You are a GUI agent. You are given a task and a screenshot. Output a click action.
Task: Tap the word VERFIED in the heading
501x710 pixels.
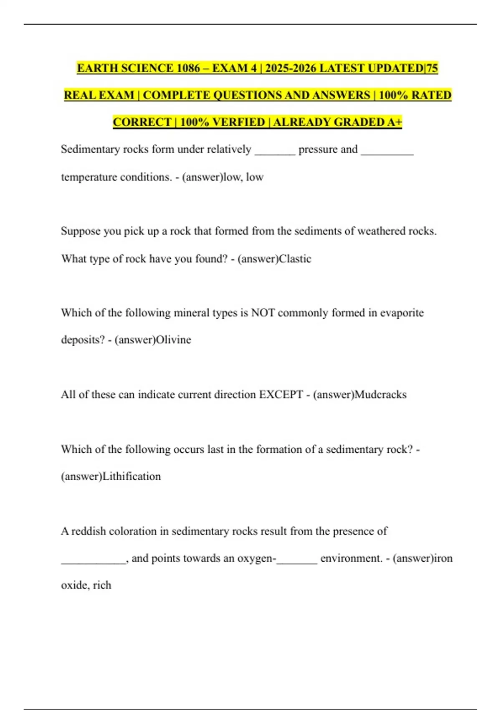239,122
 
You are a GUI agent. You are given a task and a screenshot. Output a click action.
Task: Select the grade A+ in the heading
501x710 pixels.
395,122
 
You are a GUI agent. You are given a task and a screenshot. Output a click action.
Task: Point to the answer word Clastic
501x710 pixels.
295,259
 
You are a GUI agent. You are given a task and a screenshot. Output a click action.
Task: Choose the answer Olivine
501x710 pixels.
173,340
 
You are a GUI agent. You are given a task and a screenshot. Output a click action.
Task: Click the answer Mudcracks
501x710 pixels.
380,395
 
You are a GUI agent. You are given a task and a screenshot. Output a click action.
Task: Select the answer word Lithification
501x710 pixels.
132,477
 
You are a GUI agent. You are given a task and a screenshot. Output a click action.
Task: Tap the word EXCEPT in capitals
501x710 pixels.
281,395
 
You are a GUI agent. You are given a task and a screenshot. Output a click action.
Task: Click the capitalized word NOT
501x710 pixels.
263,313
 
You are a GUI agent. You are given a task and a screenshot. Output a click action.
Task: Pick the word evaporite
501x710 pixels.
402,313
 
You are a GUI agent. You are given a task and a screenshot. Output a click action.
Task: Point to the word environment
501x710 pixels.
351,558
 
